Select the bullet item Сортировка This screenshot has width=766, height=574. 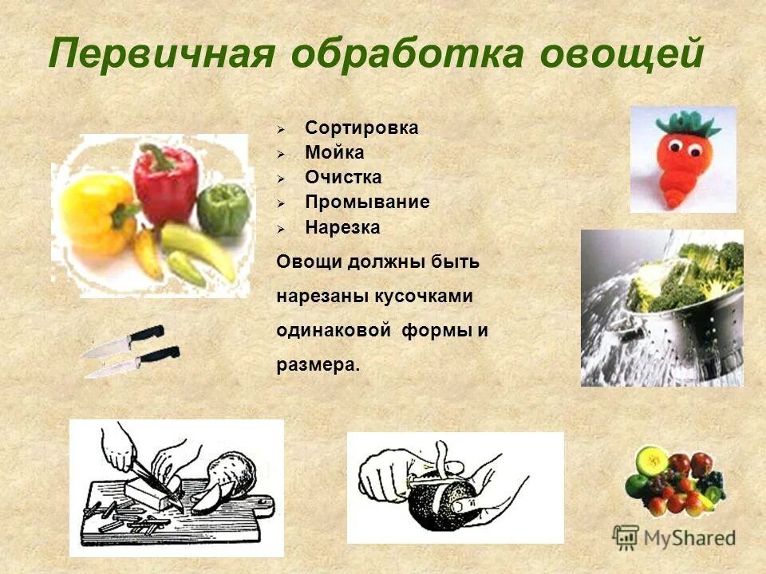tap(361, 128)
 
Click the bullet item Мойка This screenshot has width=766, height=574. tap(334, 152)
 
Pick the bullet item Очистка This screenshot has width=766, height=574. tap(343, 177)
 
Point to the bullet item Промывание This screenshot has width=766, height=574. tap(367, 202)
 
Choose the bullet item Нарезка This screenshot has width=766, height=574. tap(342, 227)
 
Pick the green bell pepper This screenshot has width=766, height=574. tap(223, 209)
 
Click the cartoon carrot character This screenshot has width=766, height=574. tap(682, 163)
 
